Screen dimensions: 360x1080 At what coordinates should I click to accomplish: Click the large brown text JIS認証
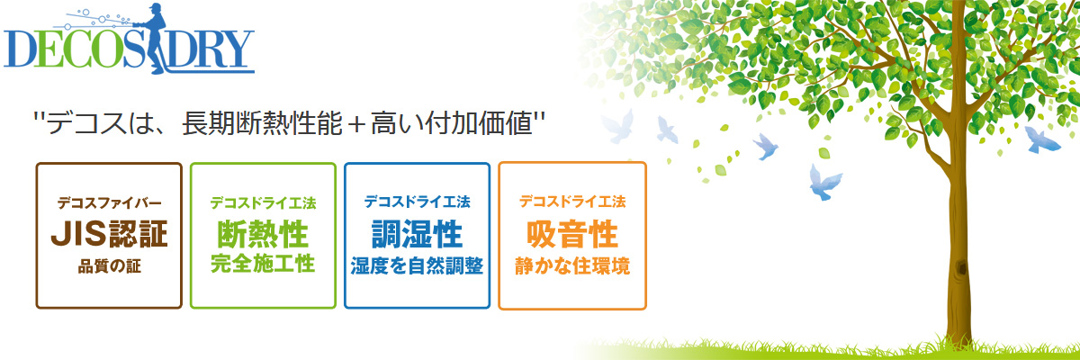point(109,233)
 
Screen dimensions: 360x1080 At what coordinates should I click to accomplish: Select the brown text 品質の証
point(109,266)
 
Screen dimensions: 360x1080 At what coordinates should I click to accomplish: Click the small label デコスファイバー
point(109,202)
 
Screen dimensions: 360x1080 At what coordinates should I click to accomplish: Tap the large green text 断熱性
point(263,234)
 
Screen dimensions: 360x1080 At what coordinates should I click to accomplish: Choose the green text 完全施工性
point(263,265)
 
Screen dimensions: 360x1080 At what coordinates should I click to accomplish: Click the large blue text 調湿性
point(417,234)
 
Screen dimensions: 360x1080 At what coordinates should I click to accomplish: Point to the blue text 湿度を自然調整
point(417,266)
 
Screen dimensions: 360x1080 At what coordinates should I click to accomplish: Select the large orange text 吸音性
point(572,234)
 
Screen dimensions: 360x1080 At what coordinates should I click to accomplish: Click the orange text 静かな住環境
point(572,266)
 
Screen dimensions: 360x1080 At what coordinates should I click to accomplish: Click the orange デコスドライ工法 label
point(572,202)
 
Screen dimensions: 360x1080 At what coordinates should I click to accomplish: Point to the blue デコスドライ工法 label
point(417,202)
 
